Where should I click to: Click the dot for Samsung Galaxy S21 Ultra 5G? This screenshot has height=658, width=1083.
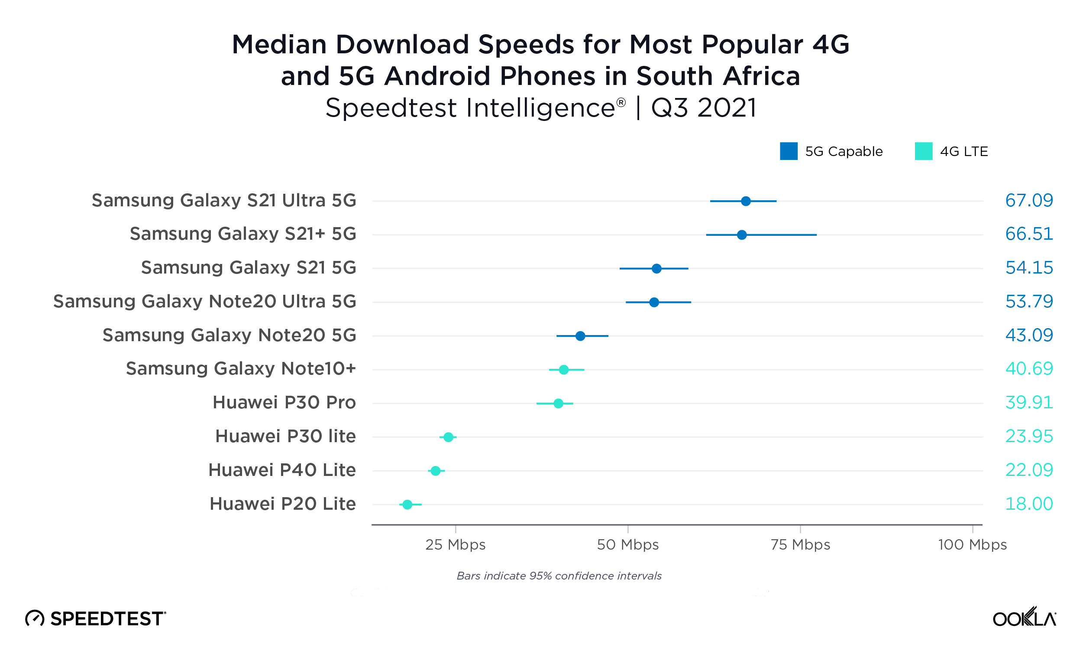[x=745, y=201]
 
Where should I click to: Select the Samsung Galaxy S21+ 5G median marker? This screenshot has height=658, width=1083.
[x=741, y=235]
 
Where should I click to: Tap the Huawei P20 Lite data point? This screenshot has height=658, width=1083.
[x=407, y=505]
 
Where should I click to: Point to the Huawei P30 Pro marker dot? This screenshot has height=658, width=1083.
[x=558, y=403]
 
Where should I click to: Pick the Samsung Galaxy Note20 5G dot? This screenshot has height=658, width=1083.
[x=580, y=336]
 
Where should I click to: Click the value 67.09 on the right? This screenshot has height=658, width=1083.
[x=1028, y=201]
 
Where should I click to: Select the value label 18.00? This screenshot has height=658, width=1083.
[x=1028, y=504]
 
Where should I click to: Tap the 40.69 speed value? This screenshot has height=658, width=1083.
[x=1028, y=368]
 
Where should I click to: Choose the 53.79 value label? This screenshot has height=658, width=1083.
[x=1028, y=302]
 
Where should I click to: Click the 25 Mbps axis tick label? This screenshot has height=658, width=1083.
[x=456, y=545]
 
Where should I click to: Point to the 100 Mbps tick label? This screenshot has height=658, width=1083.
[x=972, y=545]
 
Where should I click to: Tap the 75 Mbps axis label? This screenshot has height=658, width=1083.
[x=800, y=545]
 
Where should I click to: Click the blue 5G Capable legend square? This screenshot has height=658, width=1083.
[x=789, y=151]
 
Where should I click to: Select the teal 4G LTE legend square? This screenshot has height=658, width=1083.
[x=924, y=151]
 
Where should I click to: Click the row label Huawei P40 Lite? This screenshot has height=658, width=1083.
[x=282, y=470]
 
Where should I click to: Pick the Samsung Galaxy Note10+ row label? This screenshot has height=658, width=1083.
[x=240, y=368]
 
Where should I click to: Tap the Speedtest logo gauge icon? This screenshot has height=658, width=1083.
[x=35, y=619]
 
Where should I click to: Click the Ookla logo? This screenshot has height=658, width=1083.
[x=1024, y=618]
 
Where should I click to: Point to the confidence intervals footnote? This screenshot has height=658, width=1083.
[x=559, y=576]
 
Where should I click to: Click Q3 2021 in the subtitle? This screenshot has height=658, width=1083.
[x=704, y=108]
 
